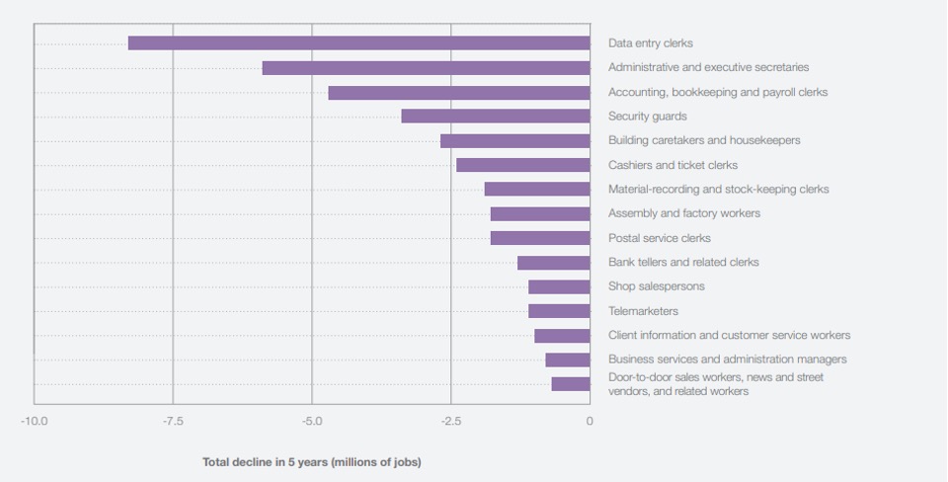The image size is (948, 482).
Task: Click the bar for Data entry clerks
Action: click(x=358, y=43)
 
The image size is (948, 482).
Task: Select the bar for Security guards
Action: click(x=496, y=117)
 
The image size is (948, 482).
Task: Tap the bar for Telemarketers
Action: click(x=559, y=311)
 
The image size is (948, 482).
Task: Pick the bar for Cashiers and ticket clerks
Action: click(x=522, y=165)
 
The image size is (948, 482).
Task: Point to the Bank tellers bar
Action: click(x=553, y=263)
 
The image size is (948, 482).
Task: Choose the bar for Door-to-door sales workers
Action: click(x=571, y=384)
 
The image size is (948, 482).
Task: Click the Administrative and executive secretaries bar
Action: click(x=426, y=68)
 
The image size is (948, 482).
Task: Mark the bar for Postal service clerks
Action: click(x=540, y=238)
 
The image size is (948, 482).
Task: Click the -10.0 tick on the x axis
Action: click(x=34, y=422)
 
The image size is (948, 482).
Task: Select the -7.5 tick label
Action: click(x=173, y=422)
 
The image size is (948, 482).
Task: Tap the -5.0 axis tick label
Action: click(x=312, y=422)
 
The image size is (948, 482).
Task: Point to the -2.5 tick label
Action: click(x=451, y=422)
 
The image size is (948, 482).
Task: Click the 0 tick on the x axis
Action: click(x=590, y=422)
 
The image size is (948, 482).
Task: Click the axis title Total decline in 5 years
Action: click(x=311, y=462)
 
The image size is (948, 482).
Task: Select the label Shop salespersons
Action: click(x=656, y=286)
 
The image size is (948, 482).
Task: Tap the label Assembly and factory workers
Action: click(x=683, y=213)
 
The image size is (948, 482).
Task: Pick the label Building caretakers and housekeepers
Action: click(x=704, y=140)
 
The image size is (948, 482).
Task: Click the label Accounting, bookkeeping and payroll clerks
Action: click(x=718, y=92)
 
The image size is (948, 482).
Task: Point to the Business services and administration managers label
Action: click(x=727, y=360)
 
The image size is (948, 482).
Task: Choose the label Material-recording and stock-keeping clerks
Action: click(x=718, y=189)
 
